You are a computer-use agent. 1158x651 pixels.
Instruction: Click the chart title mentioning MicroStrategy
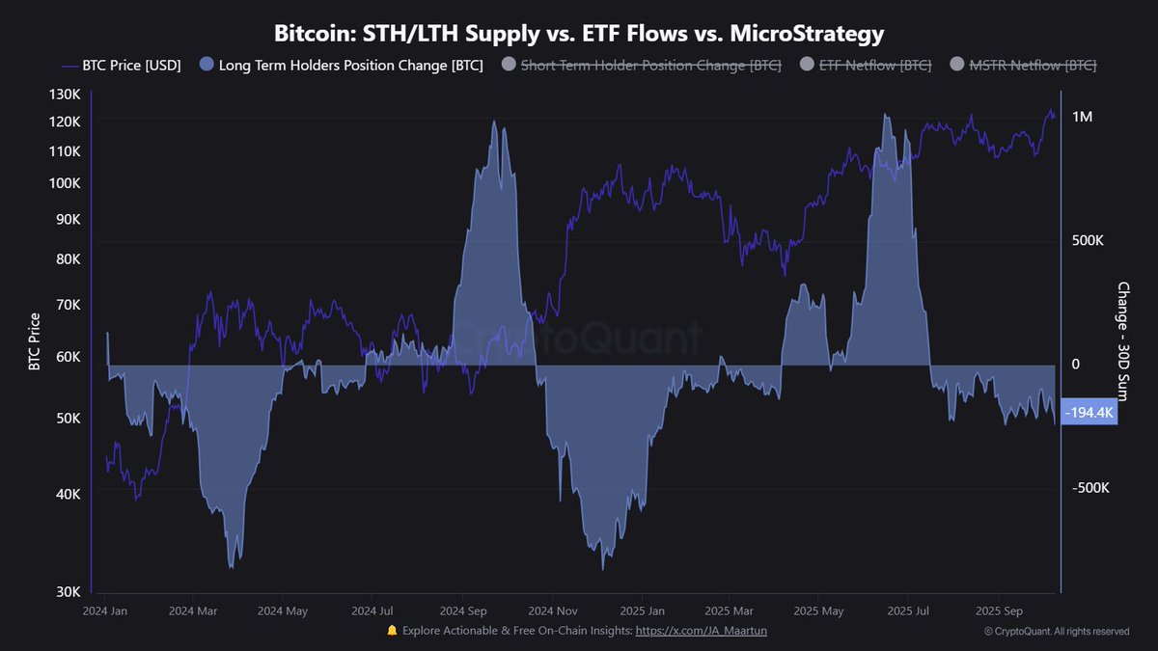click(579, 34)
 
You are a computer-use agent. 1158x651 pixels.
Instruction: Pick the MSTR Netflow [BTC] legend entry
click(1023, 66)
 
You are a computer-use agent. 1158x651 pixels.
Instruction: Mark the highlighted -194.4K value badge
click(1089, 413)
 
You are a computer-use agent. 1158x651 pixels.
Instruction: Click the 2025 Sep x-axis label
click(1000, 610)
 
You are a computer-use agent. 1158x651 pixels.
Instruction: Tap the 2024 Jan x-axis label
click(105, 610)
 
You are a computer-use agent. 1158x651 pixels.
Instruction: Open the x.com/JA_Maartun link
click(702, 630)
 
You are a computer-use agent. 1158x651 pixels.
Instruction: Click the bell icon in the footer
click(392, 630)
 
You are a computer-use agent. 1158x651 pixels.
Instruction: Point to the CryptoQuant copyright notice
click(1057, 631)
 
